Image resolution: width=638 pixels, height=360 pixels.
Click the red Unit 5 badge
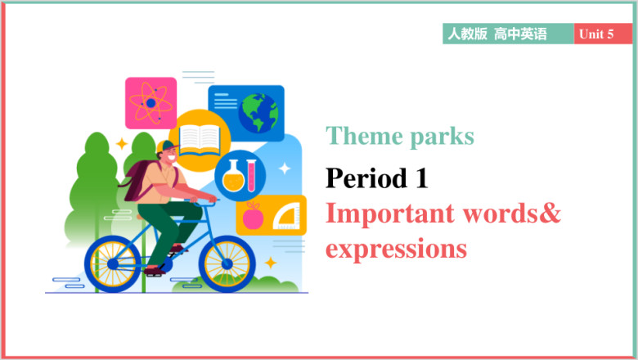[603, 34]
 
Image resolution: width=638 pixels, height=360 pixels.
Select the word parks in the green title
[442, 137]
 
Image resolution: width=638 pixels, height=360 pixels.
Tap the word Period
[366, 178]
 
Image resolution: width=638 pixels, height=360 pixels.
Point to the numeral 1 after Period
[421, 178]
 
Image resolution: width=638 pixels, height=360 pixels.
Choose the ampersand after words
[550, 213]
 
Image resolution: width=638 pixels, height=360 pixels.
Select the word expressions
[397, 250]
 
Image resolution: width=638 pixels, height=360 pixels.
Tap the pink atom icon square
[151, 103]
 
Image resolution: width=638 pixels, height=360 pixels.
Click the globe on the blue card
[258, 113]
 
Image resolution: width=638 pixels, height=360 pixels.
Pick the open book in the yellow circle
[200, 141]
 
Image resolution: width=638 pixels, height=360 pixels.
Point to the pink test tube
[251, 175]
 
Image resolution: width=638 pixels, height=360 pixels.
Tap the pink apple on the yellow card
[253, 216]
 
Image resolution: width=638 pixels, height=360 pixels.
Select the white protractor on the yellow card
[286, 217]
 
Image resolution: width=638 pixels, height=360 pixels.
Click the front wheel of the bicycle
[227, 264]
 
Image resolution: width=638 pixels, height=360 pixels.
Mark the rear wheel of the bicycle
[113, 264]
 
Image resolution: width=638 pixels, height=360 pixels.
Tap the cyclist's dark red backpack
[138, 180]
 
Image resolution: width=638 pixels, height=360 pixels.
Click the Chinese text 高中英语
[520, 34]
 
